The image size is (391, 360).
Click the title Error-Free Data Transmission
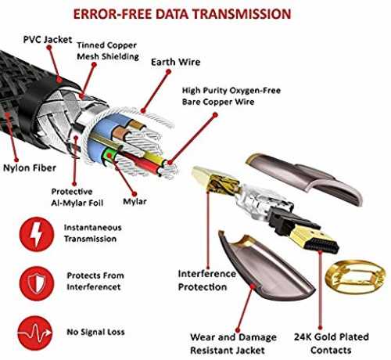click(x=182, y=14)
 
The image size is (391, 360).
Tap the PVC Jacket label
click(x=48, y=40)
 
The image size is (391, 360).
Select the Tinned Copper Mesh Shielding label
click(x=108, y=51)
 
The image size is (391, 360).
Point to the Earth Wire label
click(x=176, y=62)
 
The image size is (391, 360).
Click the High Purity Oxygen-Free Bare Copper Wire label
click(x=231, y=96)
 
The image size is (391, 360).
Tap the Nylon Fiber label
click(x=30, y=168)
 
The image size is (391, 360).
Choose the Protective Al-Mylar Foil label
click(x=77, y=197)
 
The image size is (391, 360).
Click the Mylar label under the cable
click(x=135, y=202)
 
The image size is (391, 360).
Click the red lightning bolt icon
click(x=37, y=234)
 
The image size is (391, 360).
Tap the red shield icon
click(x=37, y=283)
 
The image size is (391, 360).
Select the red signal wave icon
click(x=35, y=333)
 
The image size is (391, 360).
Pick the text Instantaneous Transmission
click(x=93, y=233)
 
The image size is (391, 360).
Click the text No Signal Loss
click(x=95, y=332)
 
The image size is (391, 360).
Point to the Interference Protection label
click(x=207, y=280)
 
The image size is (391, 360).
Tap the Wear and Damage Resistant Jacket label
click(x=233, y=344)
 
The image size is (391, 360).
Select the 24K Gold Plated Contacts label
click(x=332, y=344)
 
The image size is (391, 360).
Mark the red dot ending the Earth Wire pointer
click(x=169, y=71)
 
